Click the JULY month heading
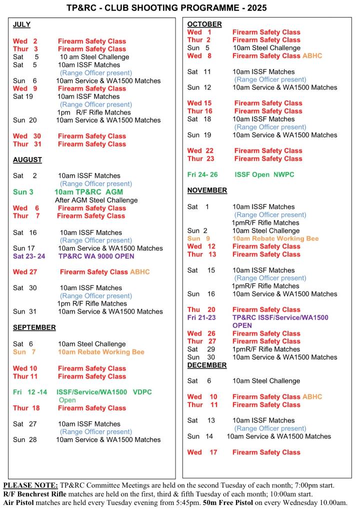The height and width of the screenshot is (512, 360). coord(21,24)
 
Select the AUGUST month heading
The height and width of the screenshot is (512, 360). coord(27,160)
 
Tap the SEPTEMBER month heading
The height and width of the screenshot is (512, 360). coord(34,327)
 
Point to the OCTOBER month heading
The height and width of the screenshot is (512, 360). coord(204,24)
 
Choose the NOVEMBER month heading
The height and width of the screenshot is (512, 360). coord(207,190)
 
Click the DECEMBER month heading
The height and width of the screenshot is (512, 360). coord(207,365)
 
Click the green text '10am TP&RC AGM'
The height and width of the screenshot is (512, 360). coord(88,192)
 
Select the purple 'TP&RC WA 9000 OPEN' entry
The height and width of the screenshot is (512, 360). coord(96,256)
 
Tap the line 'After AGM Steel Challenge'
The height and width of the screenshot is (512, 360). coord(96,200)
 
